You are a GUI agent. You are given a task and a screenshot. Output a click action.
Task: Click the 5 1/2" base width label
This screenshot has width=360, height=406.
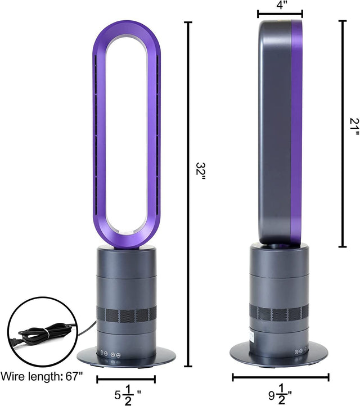(126, 395)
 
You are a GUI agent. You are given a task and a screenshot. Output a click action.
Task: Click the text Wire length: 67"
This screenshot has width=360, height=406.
(42, 376)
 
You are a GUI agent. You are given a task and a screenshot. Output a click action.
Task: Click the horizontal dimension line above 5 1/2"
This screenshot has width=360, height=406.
(126, 379)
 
